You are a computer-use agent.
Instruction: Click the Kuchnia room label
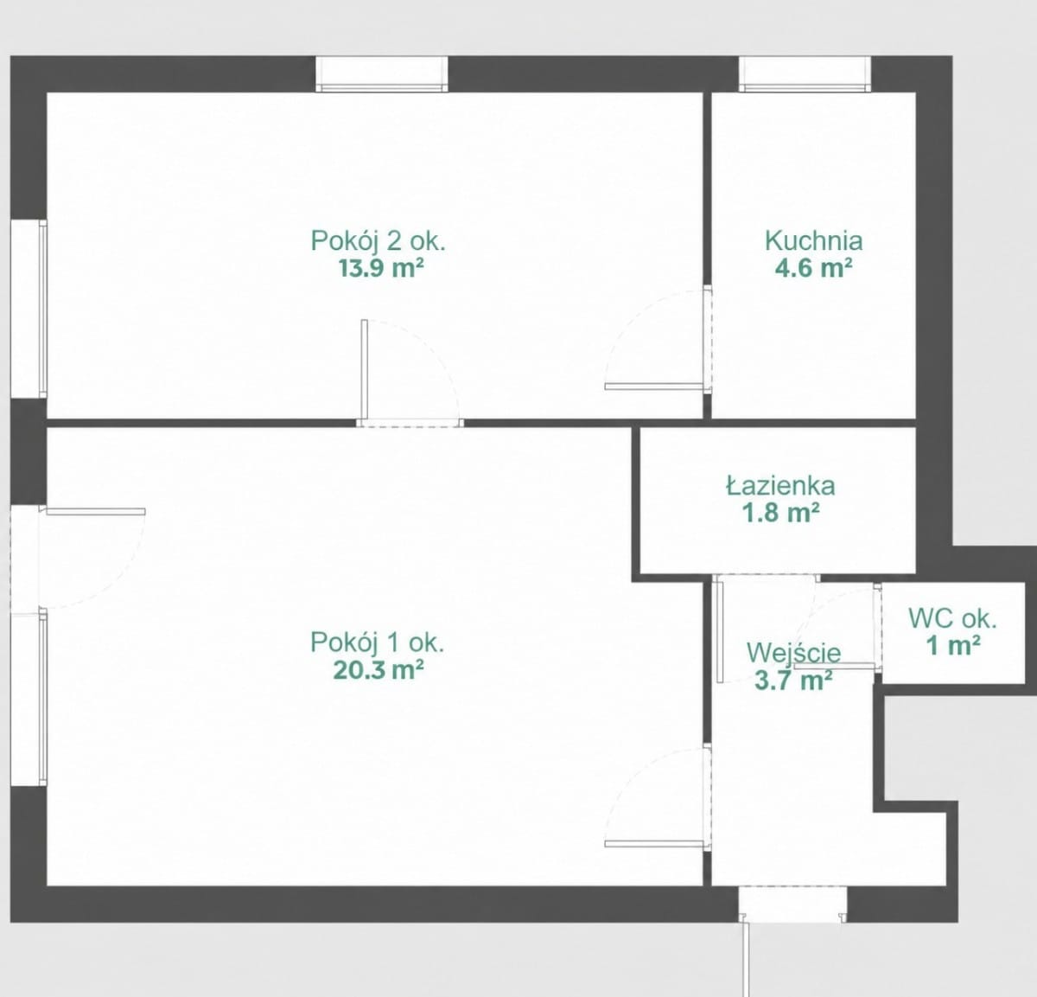(x=814, y=241)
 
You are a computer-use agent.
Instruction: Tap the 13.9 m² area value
(x=381, y=268)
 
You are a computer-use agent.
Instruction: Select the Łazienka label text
(x=780, y=486)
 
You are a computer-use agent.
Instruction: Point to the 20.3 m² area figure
(x=379, y=669)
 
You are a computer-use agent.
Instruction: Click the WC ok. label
(x=953, y=619)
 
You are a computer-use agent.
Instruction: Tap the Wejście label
(x=794, y=654)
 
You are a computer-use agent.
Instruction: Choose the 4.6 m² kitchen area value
(x=813, y=268)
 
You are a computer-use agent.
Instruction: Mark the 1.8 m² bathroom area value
(x=780, y=513)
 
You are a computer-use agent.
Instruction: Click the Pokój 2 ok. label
(x=378, y=241)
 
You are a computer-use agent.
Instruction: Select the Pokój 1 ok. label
(x=378, y=642)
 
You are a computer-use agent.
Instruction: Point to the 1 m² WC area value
(x=953, y=646)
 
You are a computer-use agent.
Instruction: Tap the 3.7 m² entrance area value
(x=794, y=681)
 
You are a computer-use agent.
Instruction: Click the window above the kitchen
(x=805, y=73)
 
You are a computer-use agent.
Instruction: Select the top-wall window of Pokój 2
(x=382, y=73)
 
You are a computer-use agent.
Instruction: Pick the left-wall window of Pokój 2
(x=29, y=309)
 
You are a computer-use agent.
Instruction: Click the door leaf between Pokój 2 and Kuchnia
(x=654, y=387)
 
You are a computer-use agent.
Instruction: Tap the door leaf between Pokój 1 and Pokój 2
(x=365, y=369)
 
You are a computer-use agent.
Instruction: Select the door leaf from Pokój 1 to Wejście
(x=654, y=844)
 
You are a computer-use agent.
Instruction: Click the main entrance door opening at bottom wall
(x=792, y=904)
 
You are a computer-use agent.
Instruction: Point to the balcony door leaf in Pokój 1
(x=96, y=512)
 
